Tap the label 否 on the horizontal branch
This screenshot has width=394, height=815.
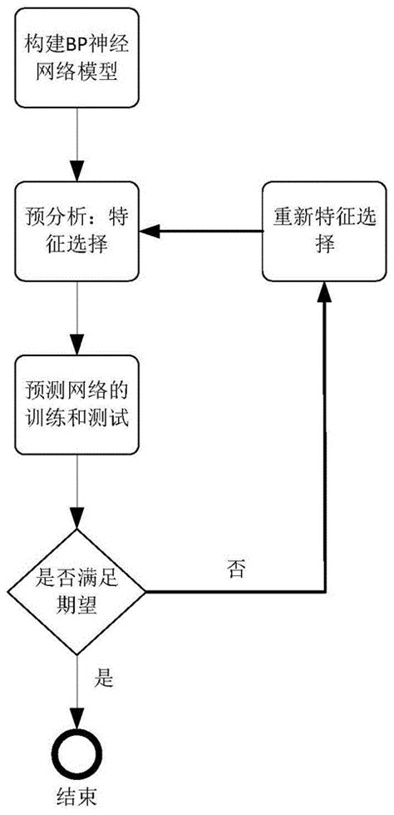click(234, 569)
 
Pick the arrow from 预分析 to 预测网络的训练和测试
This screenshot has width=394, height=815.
click(76, 321)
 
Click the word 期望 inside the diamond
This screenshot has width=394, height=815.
click(76, 607)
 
